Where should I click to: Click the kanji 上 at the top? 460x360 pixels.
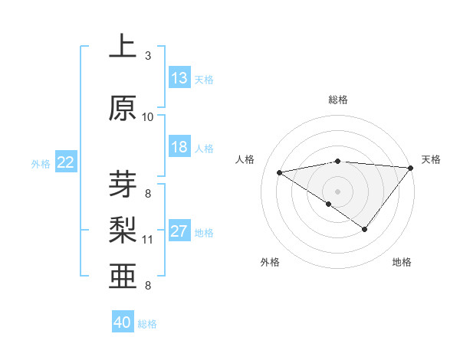coord(123,47)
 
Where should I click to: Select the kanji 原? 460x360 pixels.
coord(123,108)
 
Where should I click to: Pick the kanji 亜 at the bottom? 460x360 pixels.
coord(123,277)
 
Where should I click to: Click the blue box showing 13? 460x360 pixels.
coord(179,78)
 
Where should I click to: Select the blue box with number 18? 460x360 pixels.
coord(179,148)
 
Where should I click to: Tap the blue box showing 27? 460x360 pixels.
coord(179,232)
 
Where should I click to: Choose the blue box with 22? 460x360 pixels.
coord(66,162)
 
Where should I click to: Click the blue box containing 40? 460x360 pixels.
coord(123,322)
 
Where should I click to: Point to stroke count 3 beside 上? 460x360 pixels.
coord(148,56)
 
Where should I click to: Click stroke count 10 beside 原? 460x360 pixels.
coord(148,117)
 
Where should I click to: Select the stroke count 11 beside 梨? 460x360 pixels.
coord(148,240)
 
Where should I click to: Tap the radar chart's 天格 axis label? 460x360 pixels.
coord(431,159)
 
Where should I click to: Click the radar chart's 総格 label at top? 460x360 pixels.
coord(337,100)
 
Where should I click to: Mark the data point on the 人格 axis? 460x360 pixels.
coord(280,172)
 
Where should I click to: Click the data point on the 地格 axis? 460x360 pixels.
coord(365,229)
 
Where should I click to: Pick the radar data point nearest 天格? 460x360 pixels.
coord(411,167)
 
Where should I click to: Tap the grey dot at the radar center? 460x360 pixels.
coord(337,191)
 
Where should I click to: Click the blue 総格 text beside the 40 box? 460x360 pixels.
coord(147,324)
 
